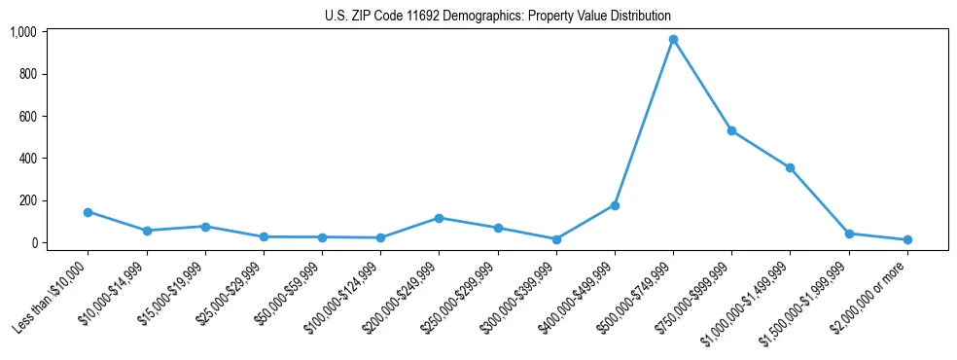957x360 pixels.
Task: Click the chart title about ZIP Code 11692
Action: (x=497, y=16)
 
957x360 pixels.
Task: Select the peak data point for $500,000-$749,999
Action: (x=673, y=40)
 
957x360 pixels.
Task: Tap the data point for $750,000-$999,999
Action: (x=731, y=130)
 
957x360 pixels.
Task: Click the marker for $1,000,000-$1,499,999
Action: (x=791, y=167)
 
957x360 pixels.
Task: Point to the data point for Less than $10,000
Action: (x=88, y=212)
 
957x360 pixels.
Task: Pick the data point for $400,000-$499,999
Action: (x=615, y=205)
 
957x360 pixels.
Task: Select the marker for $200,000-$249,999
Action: (x=439, y=218)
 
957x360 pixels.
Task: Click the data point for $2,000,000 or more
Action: (x=907, y=239)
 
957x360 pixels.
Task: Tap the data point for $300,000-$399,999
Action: (x=556, y=239)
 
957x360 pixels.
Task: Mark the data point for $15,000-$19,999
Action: (x=205, y=227)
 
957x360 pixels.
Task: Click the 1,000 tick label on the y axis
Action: (x=22, y=32)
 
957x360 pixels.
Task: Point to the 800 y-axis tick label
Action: (x=27, y=74)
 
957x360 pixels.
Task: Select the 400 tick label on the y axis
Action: (x=27, y=159)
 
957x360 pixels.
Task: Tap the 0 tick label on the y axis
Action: (x=33, y=242)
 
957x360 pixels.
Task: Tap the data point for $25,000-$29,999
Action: (x=264, y=236)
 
